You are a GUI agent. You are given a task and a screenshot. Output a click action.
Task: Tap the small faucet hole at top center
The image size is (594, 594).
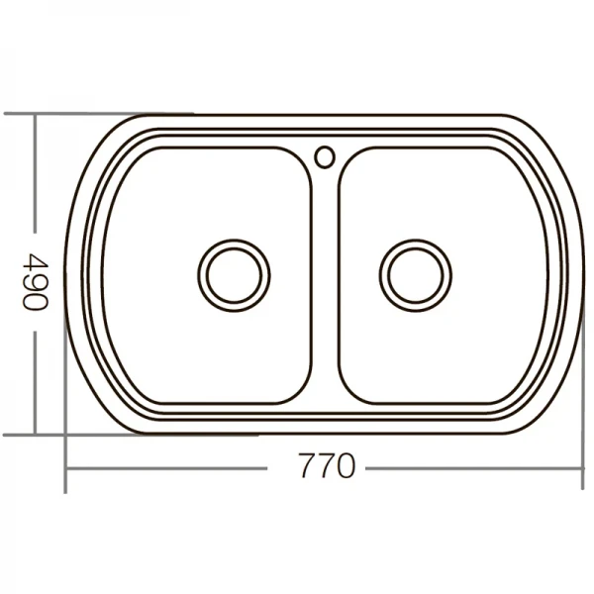pyautogui.click(x=325, y=155)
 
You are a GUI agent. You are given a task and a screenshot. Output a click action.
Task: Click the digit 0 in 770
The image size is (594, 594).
pyautogui.click(x=343, y=465)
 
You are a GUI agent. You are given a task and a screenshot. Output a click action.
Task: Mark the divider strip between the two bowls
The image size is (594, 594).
pyautogui.click(x=326, y=287)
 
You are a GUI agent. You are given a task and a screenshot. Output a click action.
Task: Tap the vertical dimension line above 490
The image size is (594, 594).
pyautogui.click(x=36, y=178)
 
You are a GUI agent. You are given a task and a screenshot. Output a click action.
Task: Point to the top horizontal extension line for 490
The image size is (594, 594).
pyautogui.click(x=99, y=114)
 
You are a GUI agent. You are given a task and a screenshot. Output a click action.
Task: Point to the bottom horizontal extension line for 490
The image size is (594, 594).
pyautogui.click(x=99, y=435)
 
